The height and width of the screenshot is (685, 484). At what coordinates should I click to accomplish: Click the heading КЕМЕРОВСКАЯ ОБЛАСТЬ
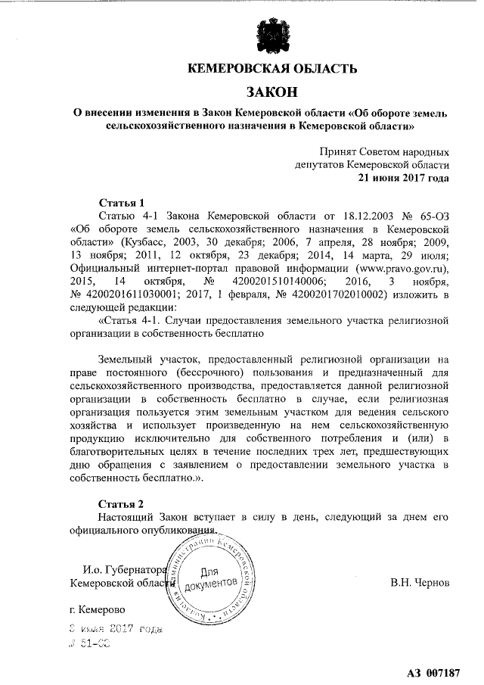click(271, 70)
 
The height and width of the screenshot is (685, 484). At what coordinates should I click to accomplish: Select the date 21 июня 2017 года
click(404, 179)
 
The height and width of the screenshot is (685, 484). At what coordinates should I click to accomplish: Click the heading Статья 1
click(122, 203)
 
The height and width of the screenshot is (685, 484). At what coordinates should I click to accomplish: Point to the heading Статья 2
click(122, 503)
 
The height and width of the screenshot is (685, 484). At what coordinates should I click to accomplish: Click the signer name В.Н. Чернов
click(420, 584)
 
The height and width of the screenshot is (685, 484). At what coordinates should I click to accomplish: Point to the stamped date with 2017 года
click(113, 628)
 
